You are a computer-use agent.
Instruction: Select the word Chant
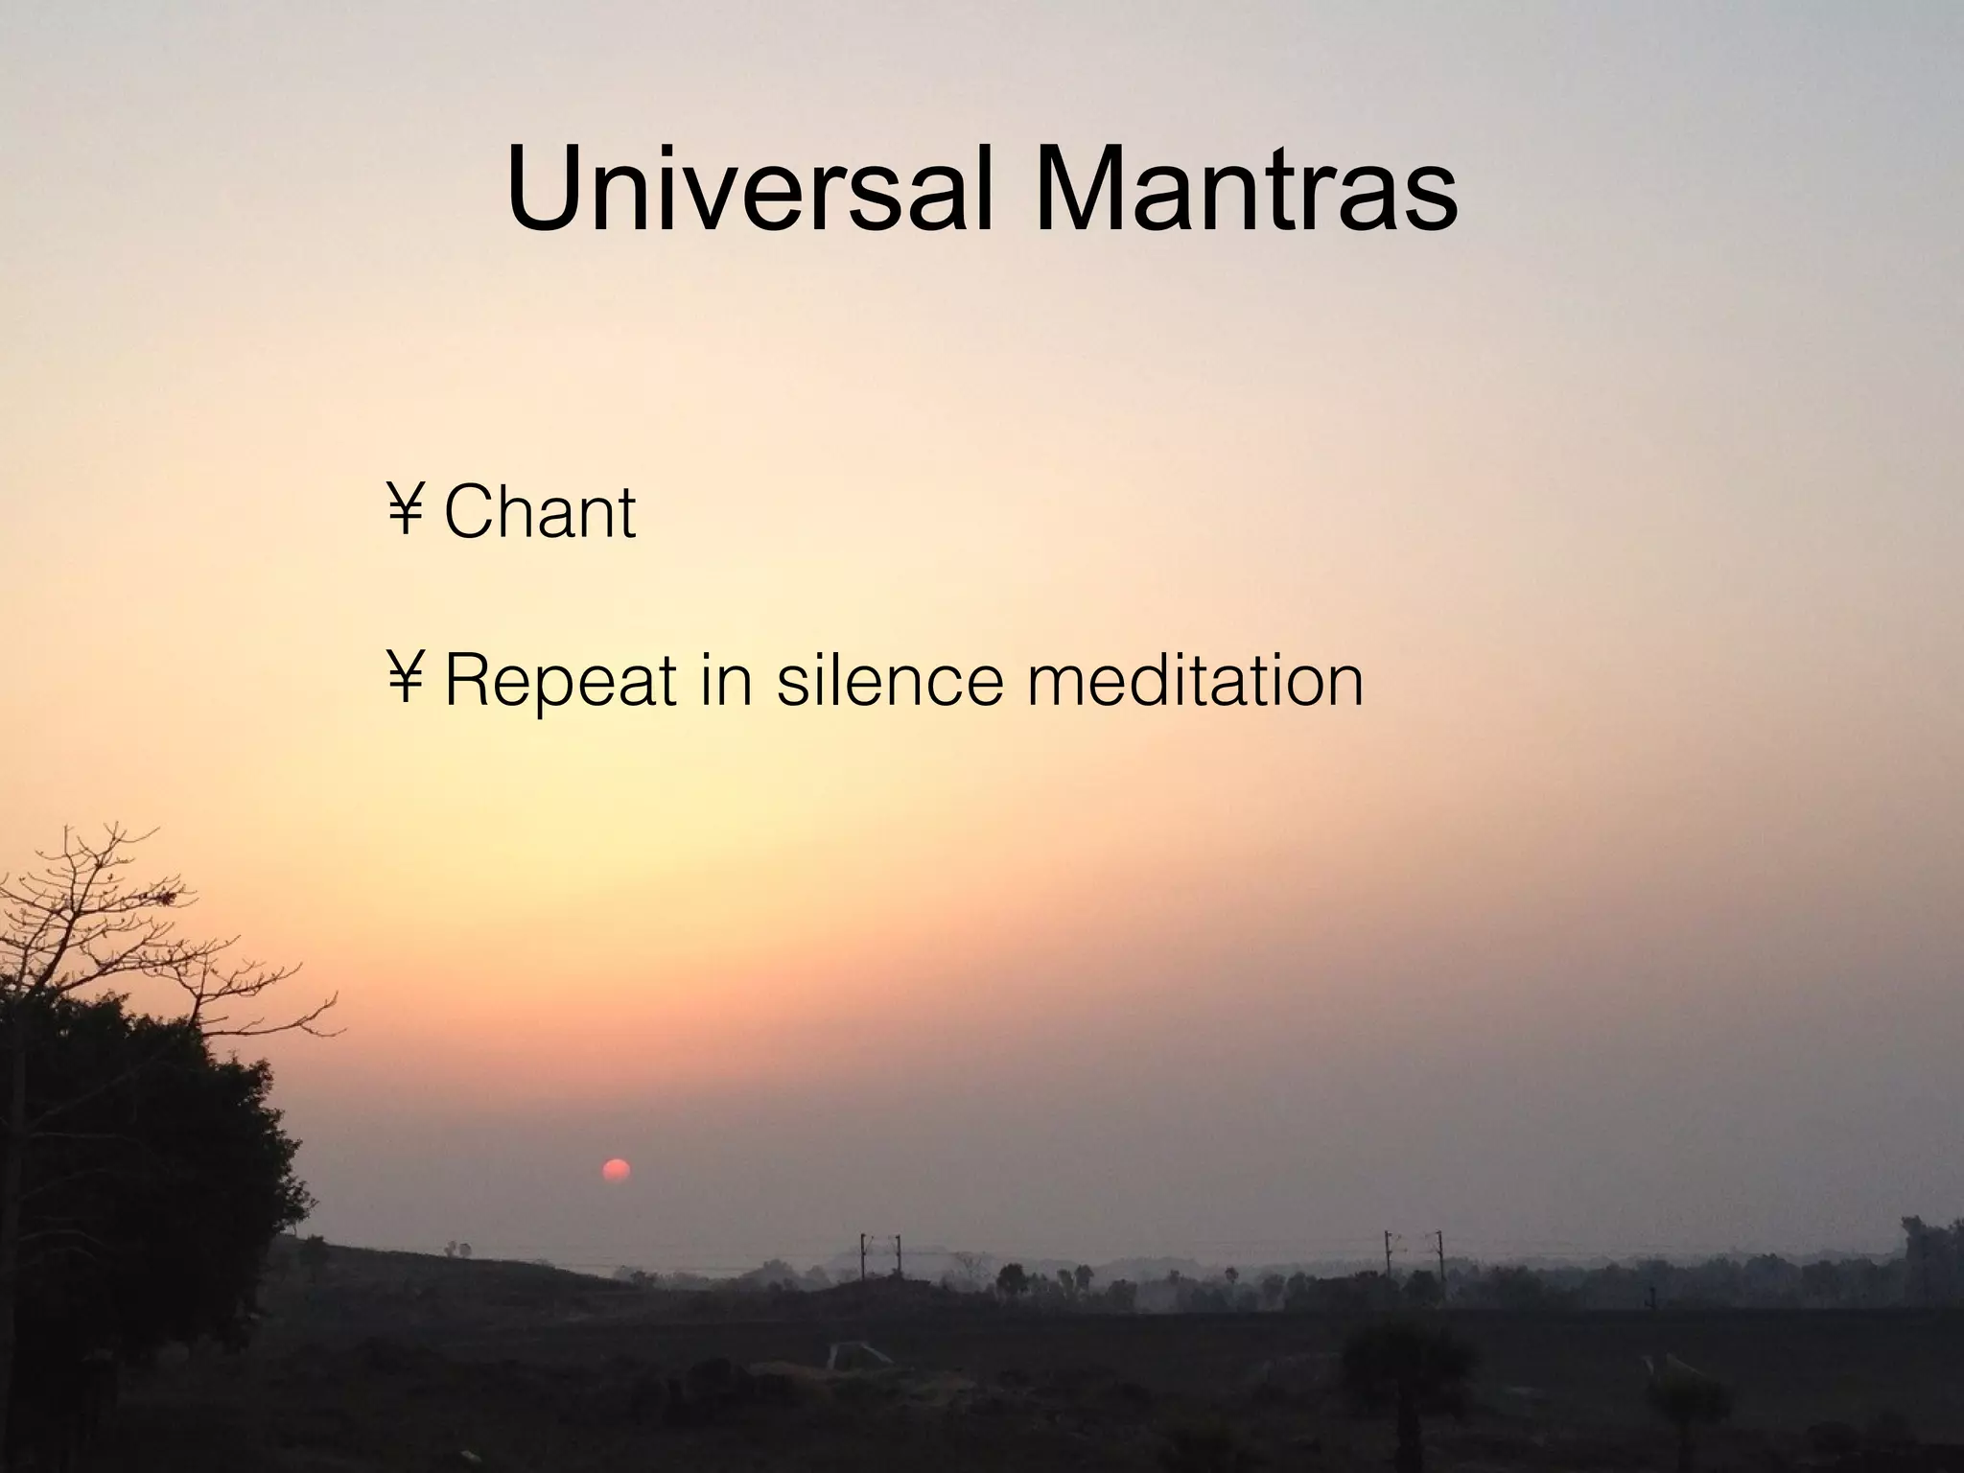[540, 513]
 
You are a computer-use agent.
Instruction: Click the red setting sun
[615, 1171]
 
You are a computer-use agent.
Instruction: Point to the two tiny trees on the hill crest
[457, 1249]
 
